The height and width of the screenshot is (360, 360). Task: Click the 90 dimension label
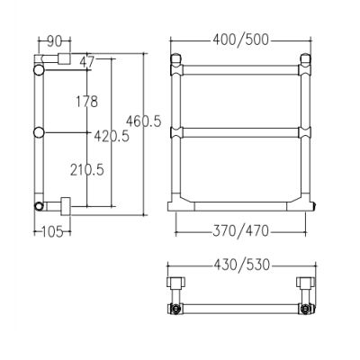(x=54, y=41)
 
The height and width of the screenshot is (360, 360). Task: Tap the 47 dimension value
(x=87, y=62)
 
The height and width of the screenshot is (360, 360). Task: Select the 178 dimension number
(x=86, y=102)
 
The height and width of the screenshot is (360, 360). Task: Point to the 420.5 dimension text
(x=112, y=136)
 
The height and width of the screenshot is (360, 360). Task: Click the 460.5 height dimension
(x=144, y=121)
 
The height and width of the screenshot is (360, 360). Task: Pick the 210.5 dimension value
(x=87, y=170)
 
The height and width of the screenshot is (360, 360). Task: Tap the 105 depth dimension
(x=52, y=231)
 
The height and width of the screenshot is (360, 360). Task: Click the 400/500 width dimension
(x=240, y=40)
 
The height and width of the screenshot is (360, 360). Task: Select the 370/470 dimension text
(x=240, y=231)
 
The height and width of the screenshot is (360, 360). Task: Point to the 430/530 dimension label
(x=242, y=265)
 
